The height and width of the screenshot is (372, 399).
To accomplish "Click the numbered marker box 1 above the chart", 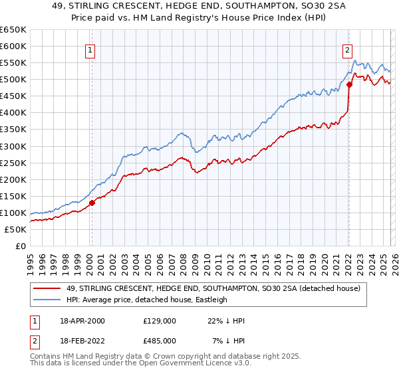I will click(x=90, y=48).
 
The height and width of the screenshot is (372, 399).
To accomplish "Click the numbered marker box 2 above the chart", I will click(x=347, y=48).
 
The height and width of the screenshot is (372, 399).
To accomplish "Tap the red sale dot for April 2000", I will click(x=92, y=203).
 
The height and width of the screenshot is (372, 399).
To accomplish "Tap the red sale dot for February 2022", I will click(x=349, y=84).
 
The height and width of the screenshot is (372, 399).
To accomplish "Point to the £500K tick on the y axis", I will click(x=13, y=80).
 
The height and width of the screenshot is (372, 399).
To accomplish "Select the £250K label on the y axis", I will click(x=13, y=163).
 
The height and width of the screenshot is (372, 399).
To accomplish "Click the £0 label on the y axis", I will click(x=20, y=246).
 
